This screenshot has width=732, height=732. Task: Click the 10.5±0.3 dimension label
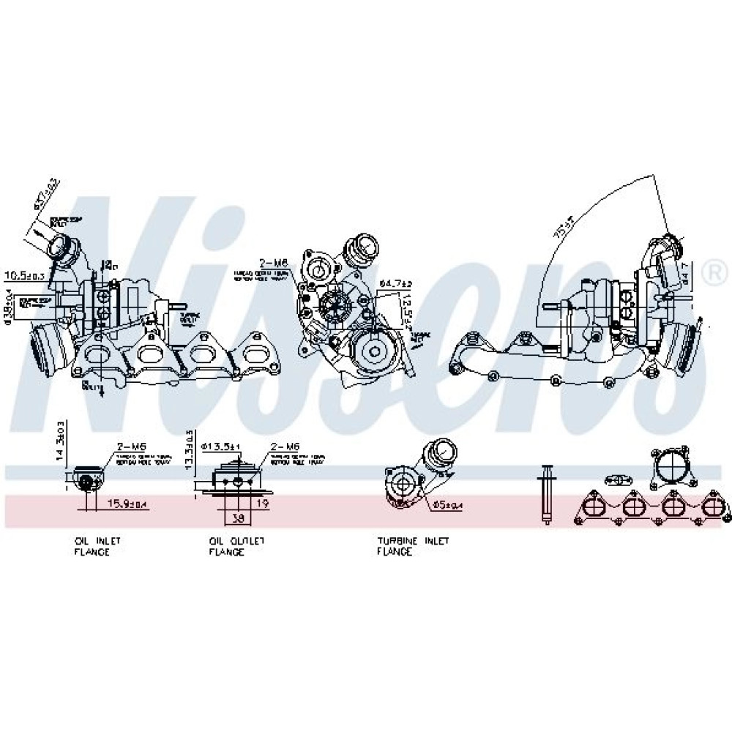tap(25, 276)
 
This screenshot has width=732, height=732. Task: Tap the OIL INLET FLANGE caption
tap(92, 546)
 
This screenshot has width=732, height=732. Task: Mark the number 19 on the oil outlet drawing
tap(262, 504)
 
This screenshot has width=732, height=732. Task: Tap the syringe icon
tap(546, 494)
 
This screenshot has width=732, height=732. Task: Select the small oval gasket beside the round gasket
tap(619, 480)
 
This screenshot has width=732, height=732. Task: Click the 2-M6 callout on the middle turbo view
tap(273, 263)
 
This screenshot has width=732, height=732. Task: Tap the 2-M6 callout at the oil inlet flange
tap(129, 447)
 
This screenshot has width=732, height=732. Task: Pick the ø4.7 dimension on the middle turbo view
tap(396, 282)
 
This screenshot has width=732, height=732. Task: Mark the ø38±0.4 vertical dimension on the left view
tap(8, 305)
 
